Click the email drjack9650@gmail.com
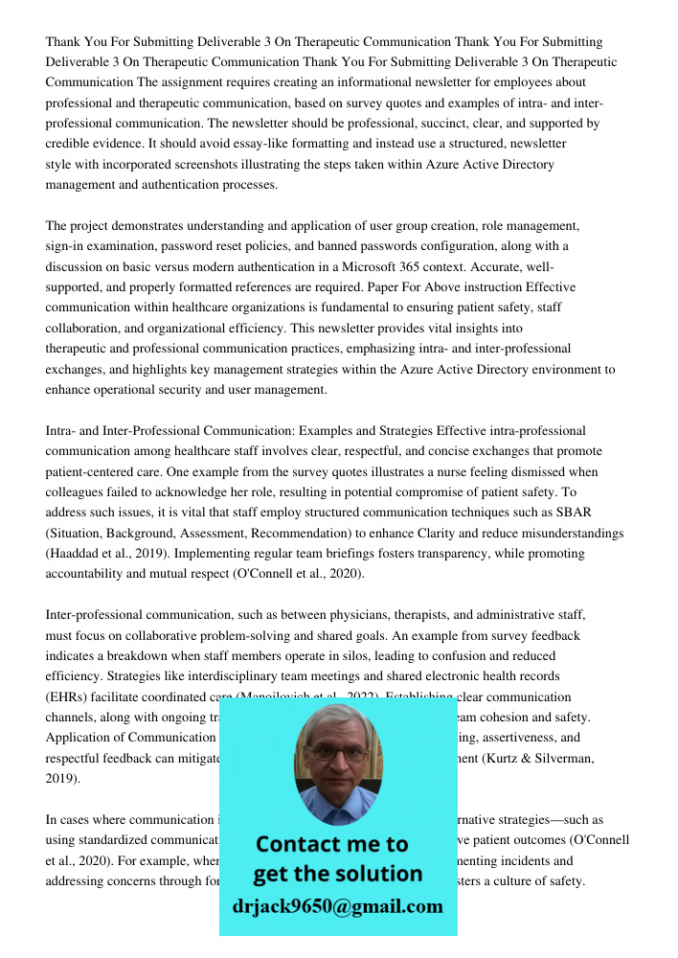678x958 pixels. point(337,906)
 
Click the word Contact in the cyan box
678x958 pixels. point(300,844)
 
